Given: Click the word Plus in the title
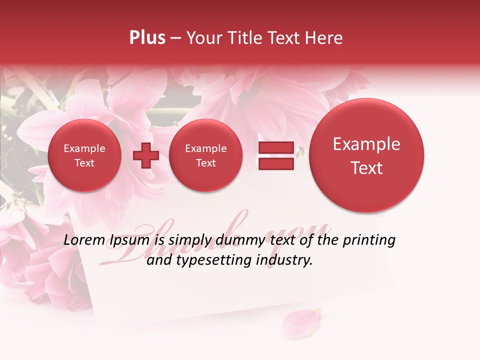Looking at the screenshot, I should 147,38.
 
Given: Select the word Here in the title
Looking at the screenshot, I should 325,38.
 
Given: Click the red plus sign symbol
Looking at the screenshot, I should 145,156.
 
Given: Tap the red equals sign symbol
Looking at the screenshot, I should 276,156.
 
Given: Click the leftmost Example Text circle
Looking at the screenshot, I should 84,155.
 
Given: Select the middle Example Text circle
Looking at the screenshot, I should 205,155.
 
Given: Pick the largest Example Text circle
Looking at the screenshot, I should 366,155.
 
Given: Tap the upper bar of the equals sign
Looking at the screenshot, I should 276,148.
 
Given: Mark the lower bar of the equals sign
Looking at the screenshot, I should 276,164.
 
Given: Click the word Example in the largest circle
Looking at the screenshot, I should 366,144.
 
